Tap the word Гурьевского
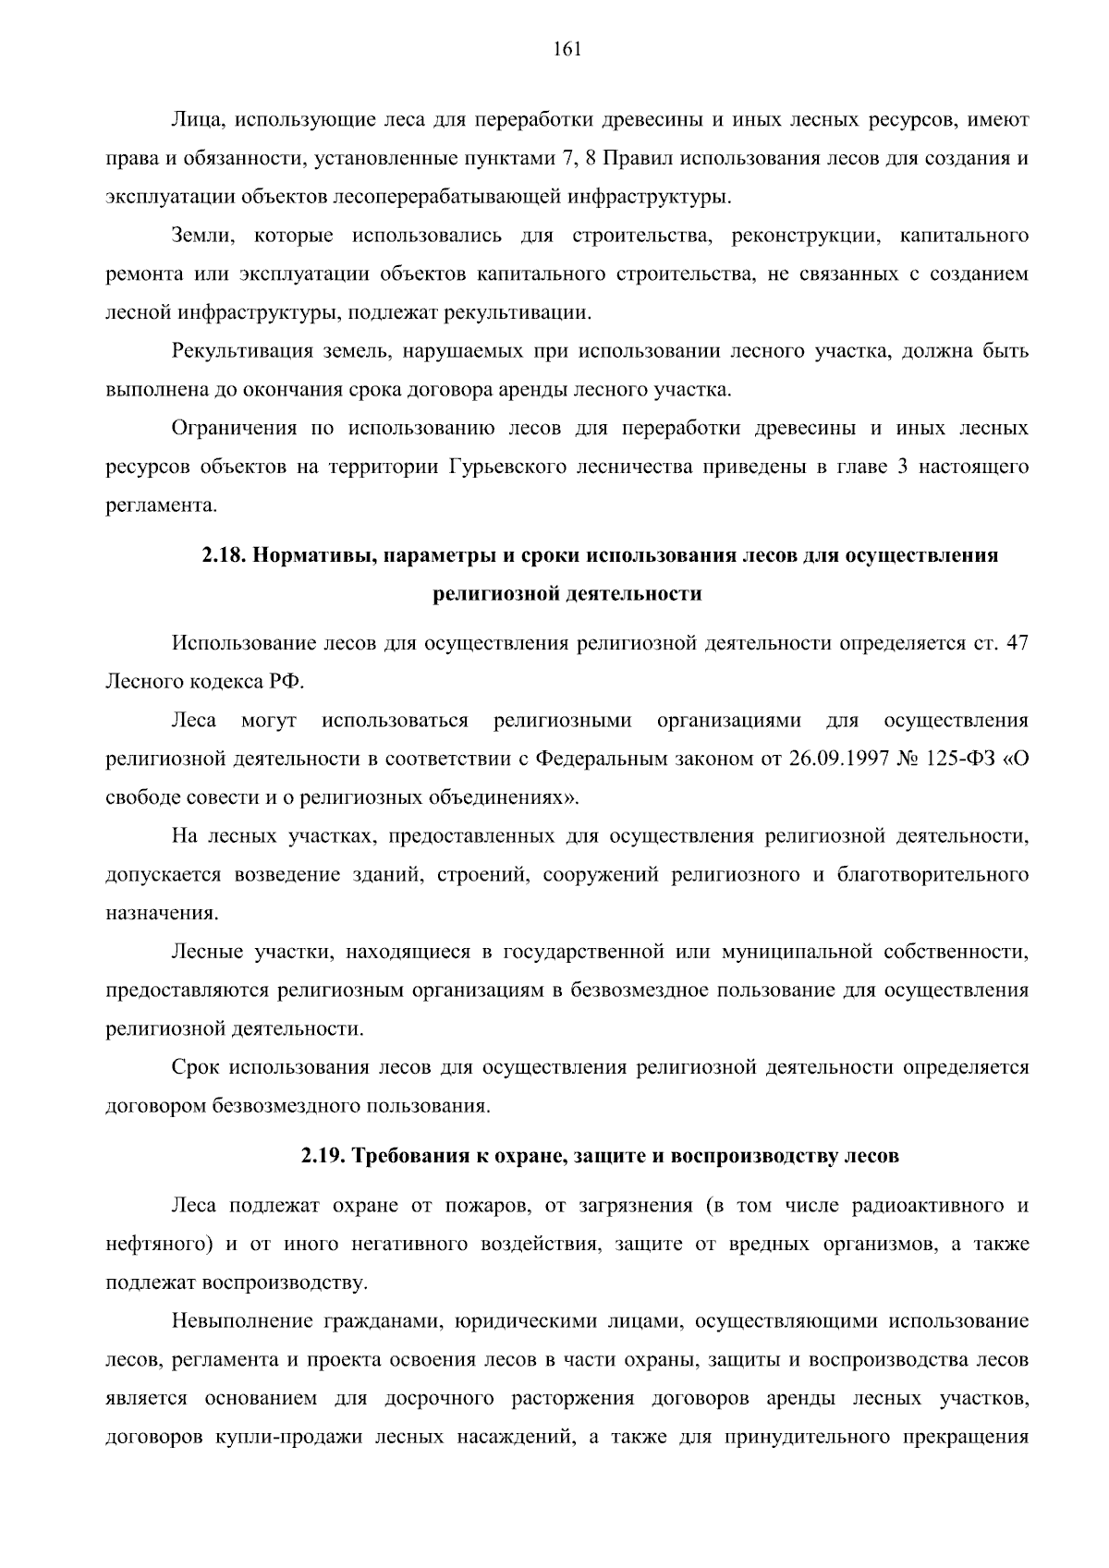click(x=507, y=467)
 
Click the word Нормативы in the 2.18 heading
click(x=312, y=555)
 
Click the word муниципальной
click(x=797, y=951)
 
